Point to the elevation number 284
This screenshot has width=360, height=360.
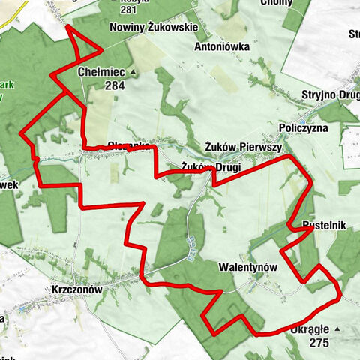click(x=114, y=85)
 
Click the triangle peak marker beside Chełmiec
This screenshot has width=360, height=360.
click(x=133, y=72)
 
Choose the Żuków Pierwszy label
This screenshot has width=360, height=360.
click(x=242, y=147)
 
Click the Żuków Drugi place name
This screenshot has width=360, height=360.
click(x=211, y=166)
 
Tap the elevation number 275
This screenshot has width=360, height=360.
click(x=318, y=342)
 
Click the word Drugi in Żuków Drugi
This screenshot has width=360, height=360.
click(x=227, y=166)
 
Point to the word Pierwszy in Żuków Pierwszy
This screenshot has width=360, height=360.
click(x=259, y=147)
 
